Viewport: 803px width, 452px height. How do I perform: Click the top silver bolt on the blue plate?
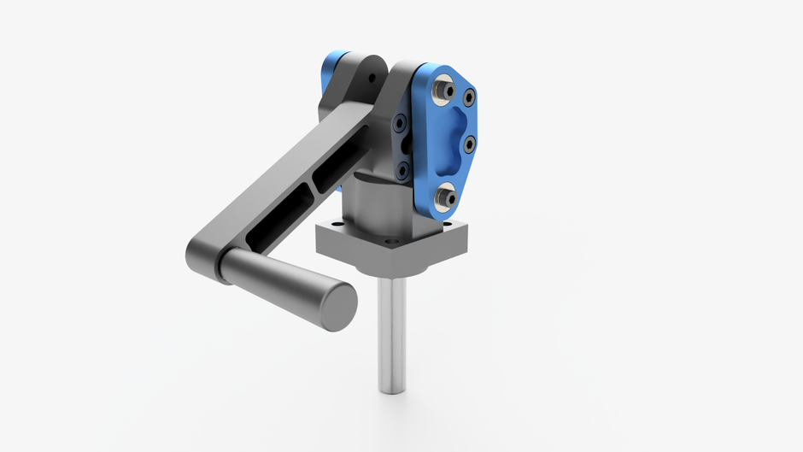(x=443, y=88)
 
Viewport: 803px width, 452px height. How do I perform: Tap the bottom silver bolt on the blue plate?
(x=443, y=198)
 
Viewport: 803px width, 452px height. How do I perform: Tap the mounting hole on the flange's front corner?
(x=389, y=243)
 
